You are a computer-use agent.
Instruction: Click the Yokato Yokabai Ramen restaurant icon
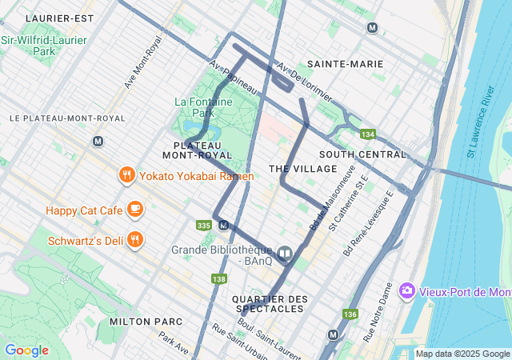[x=126, y=175]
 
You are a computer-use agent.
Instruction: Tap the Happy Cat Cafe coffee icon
[x=134, y=210]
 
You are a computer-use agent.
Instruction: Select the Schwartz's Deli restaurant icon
[x=135, y=238]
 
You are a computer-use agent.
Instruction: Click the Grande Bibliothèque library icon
[x=286, y=254]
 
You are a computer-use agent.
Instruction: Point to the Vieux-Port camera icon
[x=407, y=289]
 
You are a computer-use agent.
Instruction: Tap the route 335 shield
[x=203, y=226]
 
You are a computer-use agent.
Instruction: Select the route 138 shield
[x=218, y=278]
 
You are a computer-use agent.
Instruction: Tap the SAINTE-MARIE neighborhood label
[x=345, y=63]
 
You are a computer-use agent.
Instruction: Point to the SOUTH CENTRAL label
[x=362, y=154]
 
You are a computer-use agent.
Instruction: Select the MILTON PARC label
[x=146, y=322]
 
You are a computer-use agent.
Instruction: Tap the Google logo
[x=26, y=350]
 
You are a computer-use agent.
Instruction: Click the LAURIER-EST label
[x=59, y=18]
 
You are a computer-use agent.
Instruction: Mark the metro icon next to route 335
[x=223, y=225]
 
